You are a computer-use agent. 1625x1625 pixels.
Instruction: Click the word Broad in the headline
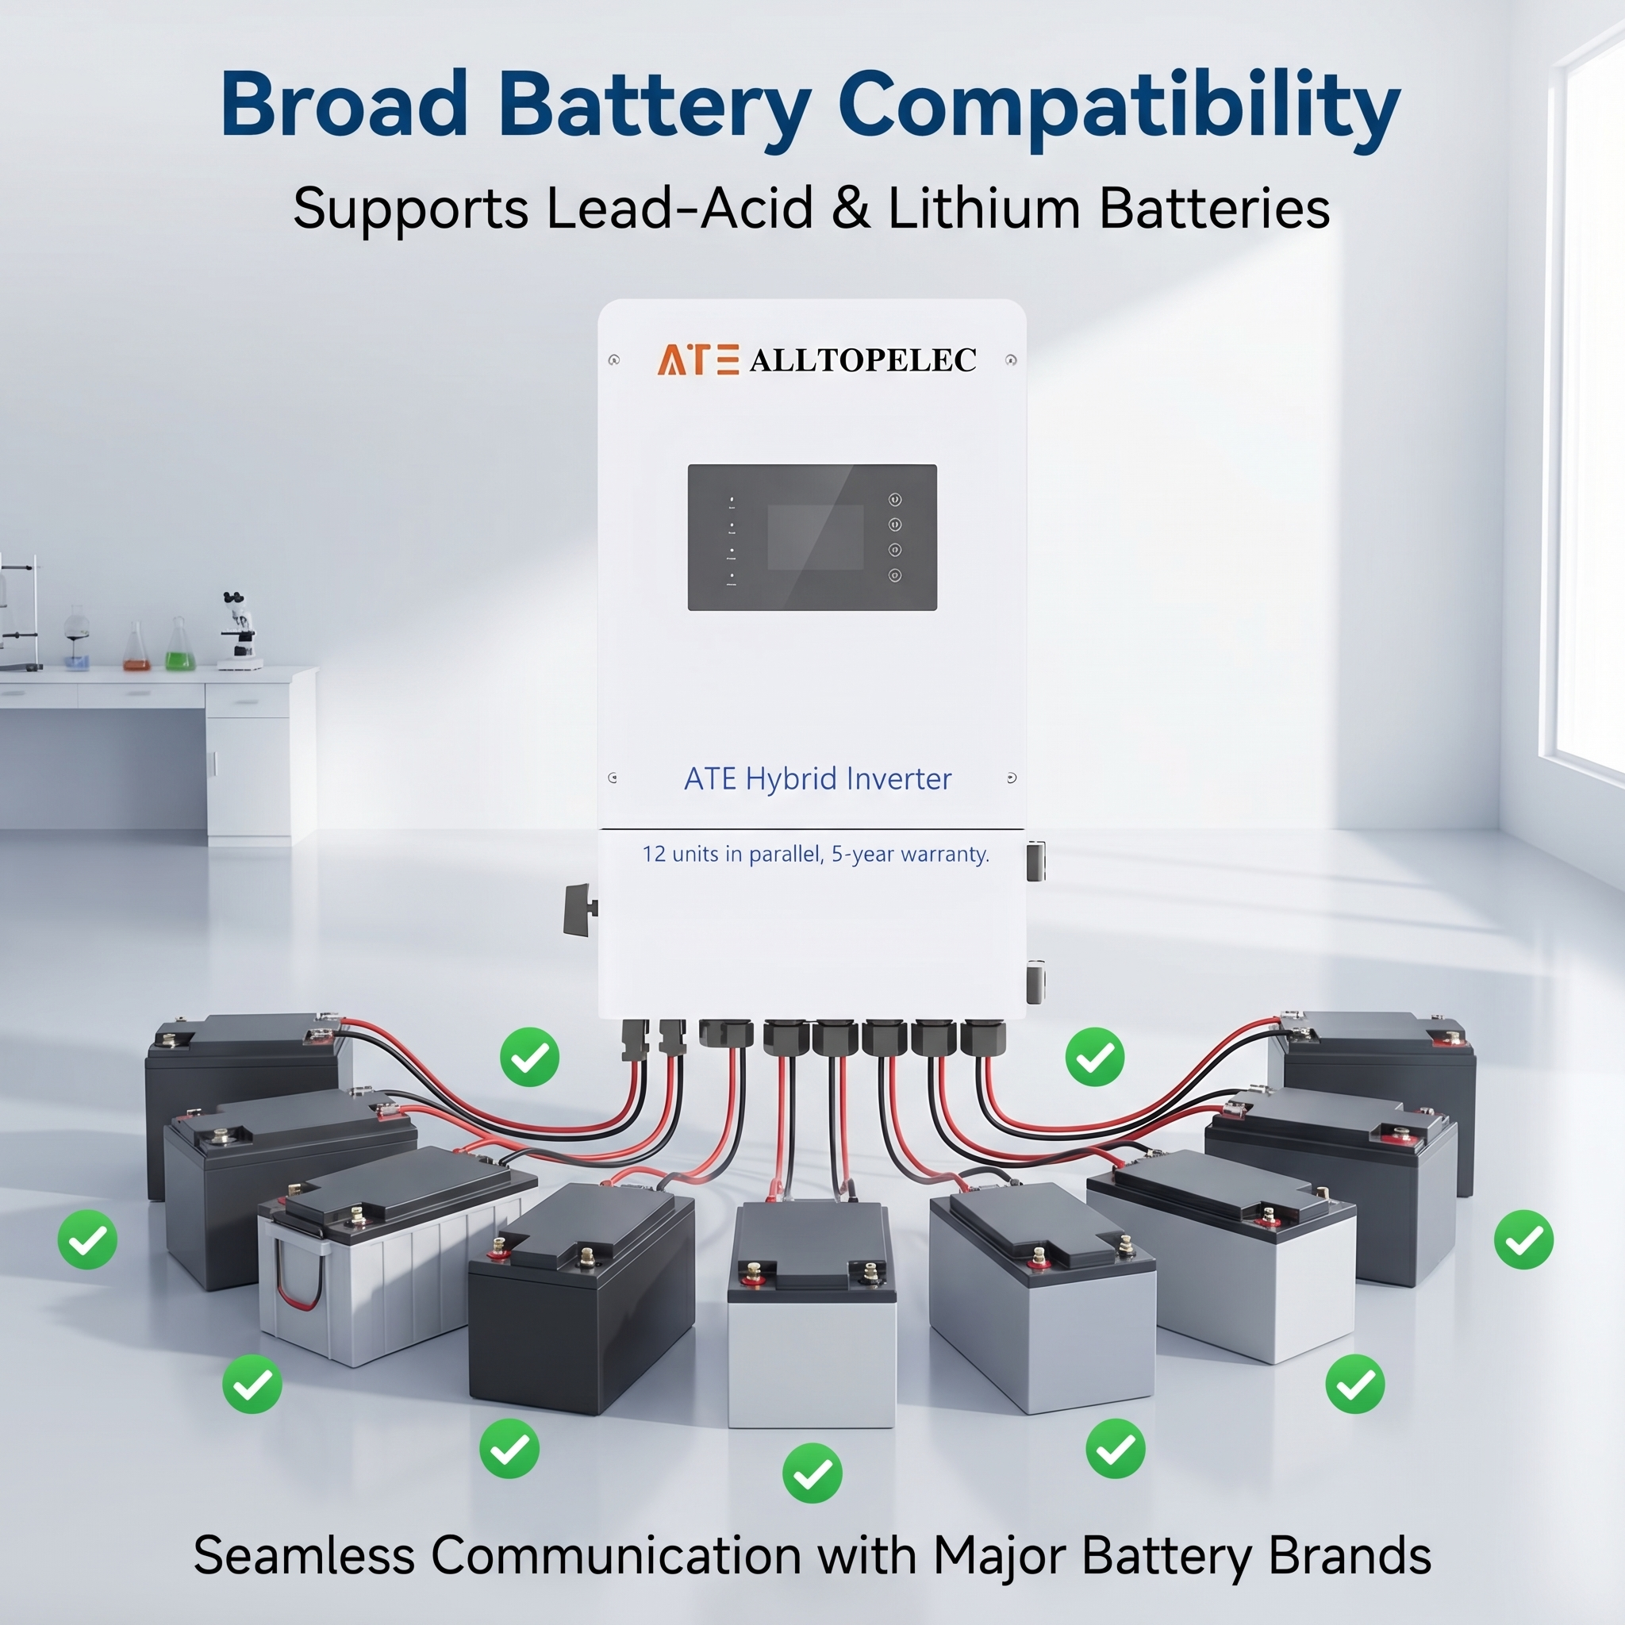tap(343, 104)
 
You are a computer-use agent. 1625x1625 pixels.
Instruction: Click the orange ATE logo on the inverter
tap(697, 359)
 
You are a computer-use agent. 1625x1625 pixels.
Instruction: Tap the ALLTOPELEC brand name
tap(863, 360)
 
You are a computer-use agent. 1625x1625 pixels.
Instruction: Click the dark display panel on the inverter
tap(812, 537)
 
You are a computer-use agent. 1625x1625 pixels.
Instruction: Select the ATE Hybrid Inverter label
tap(817, 779)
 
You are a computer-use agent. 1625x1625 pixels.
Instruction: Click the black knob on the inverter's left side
tap(579, 909)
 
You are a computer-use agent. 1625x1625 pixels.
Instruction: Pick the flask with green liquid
tap(179, 646)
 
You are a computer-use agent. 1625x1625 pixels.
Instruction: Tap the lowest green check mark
tap(812, 1473)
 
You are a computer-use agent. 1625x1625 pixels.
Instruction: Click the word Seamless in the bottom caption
tap(305, 1555)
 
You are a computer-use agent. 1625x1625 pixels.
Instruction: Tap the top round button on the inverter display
tap(895, 500)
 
